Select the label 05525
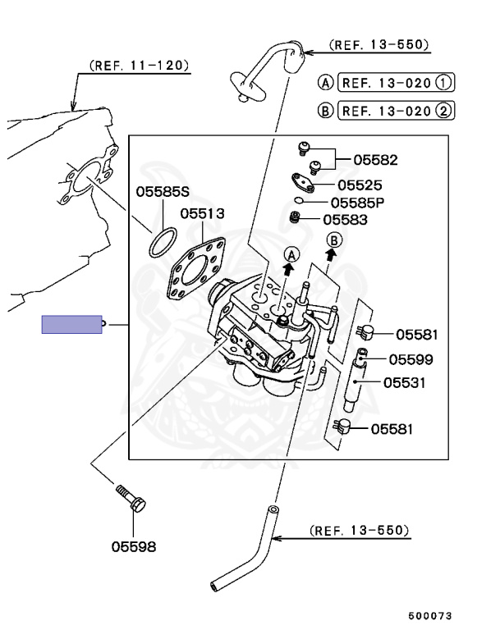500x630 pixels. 359,185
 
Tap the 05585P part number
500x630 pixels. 358,203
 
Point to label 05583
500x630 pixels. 345,220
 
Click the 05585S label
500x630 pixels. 163,194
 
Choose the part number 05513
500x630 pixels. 202,213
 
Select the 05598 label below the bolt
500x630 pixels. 134,546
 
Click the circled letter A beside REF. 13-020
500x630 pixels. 326,83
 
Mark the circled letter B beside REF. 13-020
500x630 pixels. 326,109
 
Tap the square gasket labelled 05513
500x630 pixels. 194,269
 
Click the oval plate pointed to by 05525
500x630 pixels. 304,181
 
